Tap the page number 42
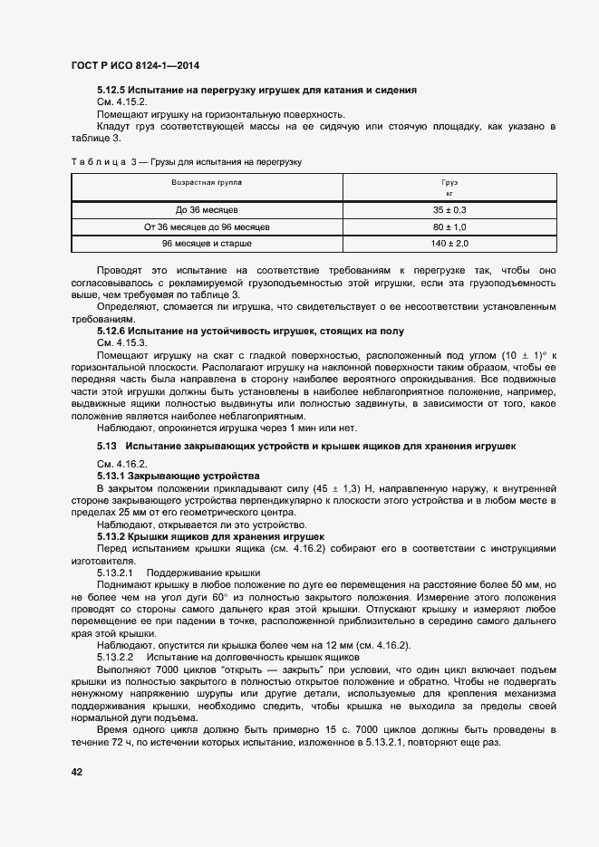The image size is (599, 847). [77, 771]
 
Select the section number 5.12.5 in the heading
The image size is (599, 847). [111, 91]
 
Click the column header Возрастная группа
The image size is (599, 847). [207, 183]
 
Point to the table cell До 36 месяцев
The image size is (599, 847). [207, 209]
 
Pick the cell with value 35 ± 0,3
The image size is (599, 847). [449, 209]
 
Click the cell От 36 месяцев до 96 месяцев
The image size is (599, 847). [207, 226]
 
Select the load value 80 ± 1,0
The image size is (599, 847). [449, 226]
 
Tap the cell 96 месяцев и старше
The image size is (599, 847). [207, 245]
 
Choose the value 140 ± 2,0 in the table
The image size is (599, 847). [449, 245]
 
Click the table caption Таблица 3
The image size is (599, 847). [101, 161]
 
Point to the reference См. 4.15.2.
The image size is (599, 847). [121, 102]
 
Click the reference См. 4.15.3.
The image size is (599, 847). [121, 343]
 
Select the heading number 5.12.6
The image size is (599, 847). [111, 332]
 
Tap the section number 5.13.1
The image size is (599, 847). [111, 476]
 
